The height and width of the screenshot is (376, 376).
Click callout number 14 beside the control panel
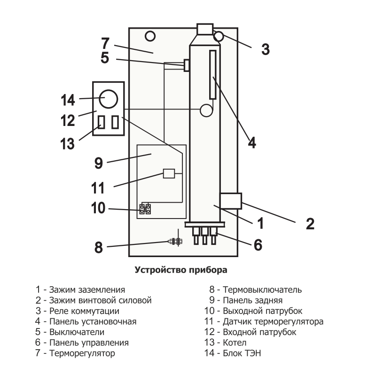(x=68, y=100)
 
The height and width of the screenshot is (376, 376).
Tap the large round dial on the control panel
(x=108, y=98)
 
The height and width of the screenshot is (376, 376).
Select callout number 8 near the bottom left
(x=98, y=247)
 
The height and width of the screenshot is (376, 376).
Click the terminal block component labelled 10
(x=145, y=209)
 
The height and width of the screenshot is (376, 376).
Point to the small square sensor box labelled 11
(x=169, y=173)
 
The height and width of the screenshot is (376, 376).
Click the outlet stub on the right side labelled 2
(x=231, y=201)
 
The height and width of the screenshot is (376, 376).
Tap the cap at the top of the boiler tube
(x=204, y=29)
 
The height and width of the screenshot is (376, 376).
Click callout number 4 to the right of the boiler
(x=252, y=142)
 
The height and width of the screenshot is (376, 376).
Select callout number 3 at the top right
(x=266, y=49)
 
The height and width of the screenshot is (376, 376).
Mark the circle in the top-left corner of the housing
(x=149, y=35)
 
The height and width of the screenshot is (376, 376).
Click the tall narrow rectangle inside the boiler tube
(x=213, y=74)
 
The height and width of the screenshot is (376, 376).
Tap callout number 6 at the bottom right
(x=258, y=244)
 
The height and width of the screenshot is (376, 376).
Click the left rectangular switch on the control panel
(x=101, y=122)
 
